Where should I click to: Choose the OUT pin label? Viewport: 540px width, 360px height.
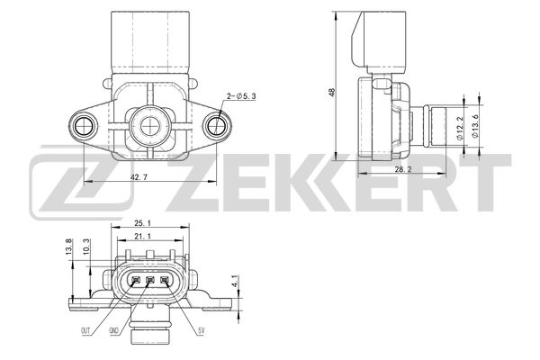[x=85, y=332]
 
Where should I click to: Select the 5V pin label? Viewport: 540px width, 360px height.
[x=202, y=332]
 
